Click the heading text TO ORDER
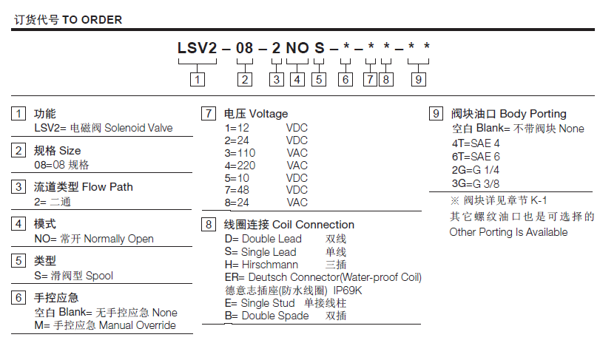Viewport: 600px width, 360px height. pos(92,20)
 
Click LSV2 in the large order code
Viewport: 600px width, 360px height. pos(196,49)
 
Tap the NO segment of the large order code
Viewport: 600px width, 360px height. pos(297,49)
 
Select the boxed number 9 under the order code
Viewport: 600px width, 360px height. pos(419,79)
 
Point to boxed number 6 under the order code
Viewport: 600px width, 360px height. pos(345,79)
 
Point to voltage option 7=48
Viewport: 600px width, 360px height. pos(237,191)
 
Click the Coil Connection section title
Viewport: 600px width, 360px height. pos(313,225)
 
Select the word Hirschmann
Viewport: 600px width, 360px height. pos(270,264)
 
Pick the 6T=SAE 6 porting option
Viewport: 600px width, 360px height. pos(476,156)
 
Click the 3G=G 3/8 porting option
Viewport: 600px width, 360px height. pos(476,183)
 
